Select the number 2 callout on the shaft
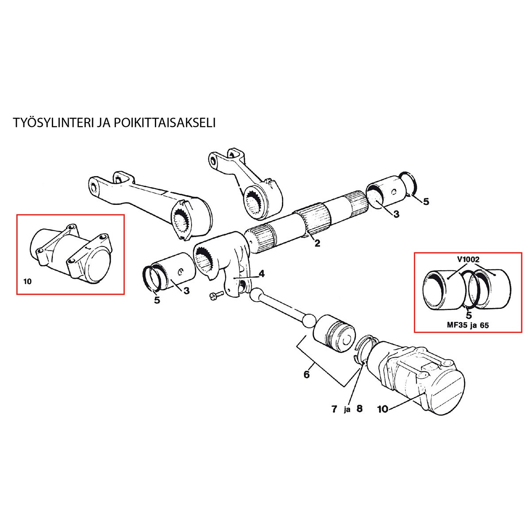[x=317, y=243]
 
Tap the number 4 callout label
[x=262, y=274]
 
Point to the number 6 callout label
[x=306, y=375]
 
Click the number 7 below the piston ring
[x=335, y=409]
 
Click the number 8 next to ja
[x=359, y=409]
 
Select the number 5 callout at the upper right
[x=426, y=202]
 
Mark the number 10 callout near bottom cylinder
[x=383, y=409]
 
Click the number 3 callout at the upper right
[x=396, y=214]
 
